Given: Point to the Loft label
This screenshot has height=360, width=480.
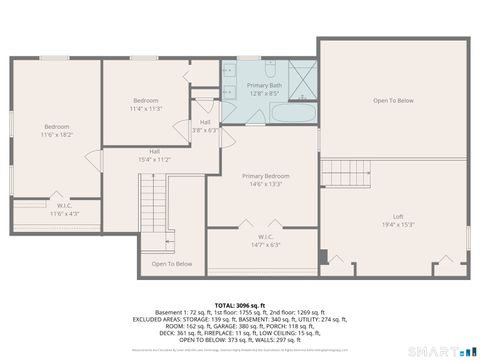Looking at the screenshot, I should (x=397, y=217).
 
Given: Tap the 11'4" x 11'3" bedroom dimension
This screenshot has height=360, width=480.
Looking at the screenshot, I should (x=146, y=108).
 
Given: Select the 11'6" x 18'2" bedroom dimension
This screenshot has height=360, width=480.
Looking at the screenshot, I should (x=57, y=133).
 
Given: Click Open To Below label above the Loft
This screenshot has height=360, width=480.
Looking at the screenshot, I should (x=393, y=101).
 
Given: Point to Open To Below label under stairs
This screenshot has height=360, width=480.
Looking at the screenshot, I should (x=172, y=264).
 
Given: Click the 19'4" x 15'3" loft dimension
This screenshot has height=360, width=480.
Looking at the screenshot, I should (x=397, y=224).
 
